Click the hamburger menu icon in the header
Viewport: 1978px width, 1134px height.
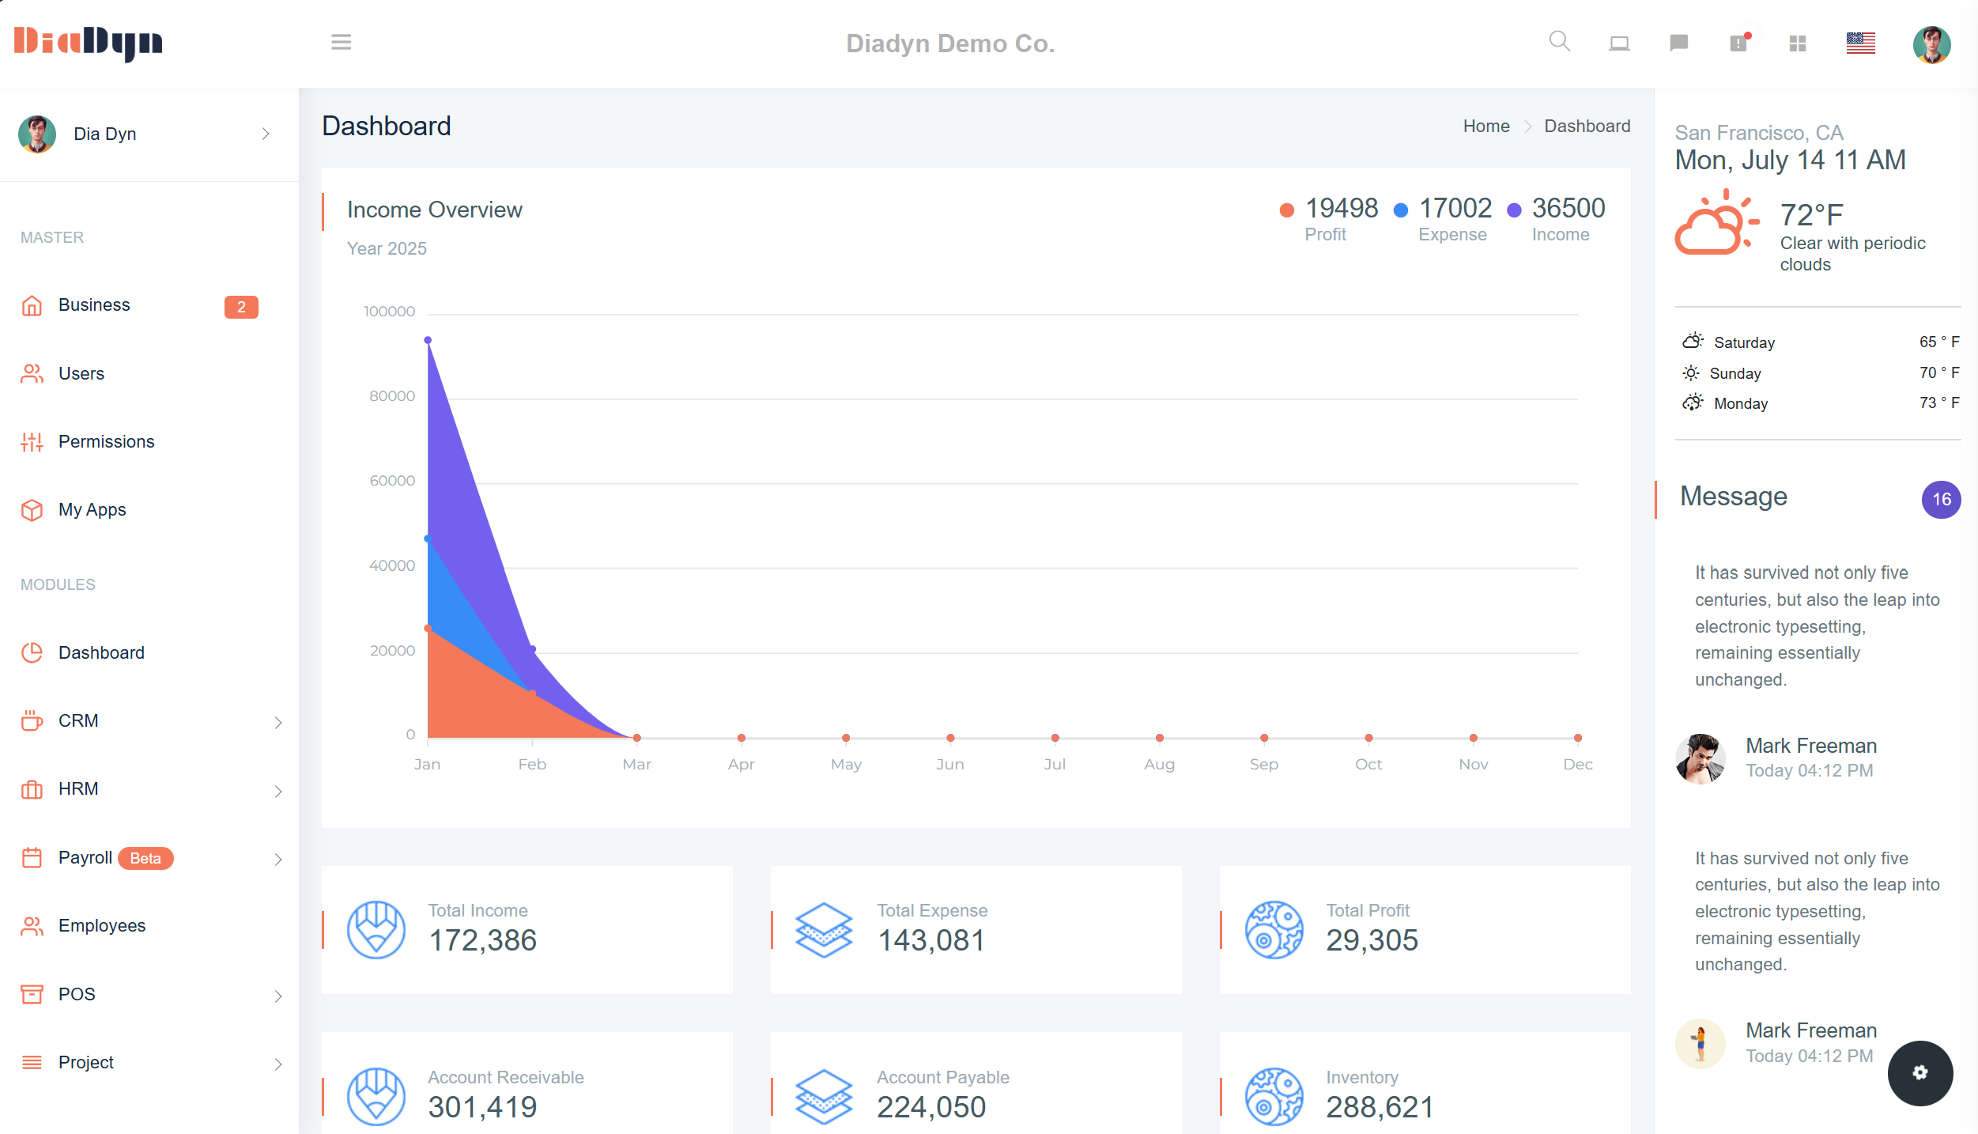click(341, 43)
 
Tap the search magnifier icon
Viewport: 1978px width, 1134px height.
click(1559, 41)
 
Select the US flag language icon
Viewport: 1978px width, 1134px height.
click(1860, 43)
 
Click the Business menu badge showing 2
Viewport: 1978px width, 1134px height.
click(241, 307)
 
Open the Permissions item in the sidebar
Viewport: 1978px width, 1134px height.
click(106, 441)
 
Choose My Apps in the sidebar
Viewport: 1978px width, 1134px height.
click(92, 509)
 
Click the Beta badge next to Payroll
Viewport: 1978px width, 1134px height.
click(145, 858)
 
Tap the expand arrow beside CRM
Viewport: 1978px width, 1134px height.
click(278, 722)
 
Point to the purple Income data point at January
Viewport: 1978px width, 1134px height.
click(428, 340)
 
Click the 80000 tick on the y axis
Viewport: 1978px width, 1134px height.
click(391, 395)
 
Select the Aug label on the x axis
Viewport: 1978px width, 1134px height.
click(1159, 764)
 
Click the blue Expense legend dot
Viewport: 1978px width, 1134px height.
click(1400, 210)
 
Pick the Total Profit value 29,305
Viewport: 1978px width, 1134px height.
click(1372, 940)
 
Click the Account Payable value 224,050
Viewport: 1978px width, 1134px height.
click(930, 1107)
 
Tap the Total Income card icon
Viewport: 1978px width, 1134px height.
click(376, 930)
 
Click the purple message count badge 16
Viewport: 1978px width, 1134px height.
click(1941, 499)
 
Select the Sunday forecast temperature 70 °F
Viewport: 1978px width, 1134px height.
click(1938, 372)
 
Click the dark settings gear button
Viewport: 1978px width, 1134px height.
click(1919, 1072)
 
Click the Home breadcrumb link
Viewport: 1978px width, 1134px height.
click(1485, 127)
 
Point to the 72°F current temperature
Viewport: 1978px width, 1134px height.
click(1811, 214)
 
